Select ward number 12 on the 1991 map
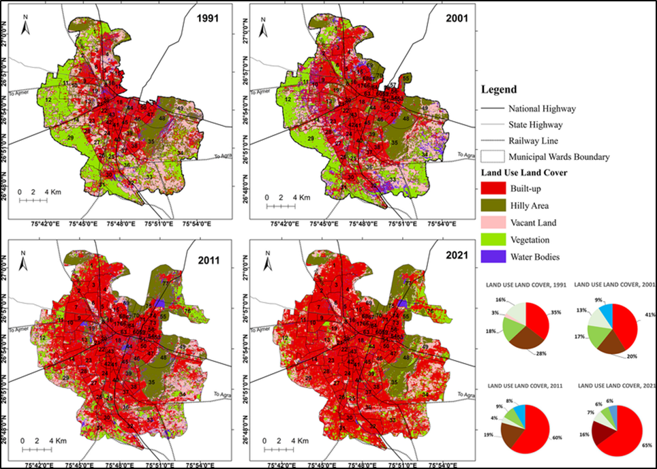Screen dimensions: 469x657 (x=48, y=100)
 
